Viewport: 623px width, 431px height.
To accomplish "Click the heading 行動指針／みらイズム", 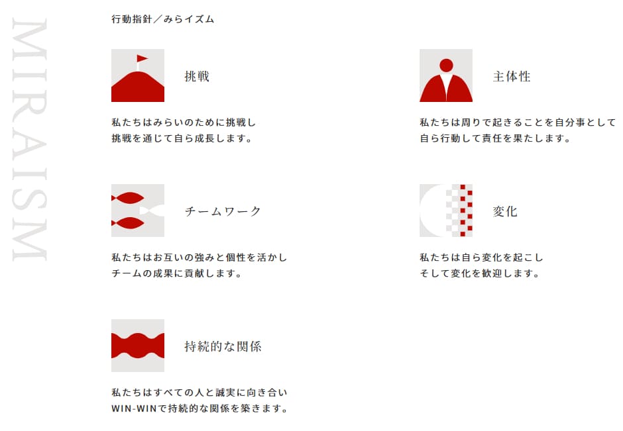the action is pos(163,19).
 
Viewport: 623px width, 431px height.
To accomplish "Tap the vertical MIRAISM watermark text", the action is pos(29,140).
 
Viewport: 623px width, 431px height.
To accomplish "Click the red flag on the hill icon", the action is pos(142,59).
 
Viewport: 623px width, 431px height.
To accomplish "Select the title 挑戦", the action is pos(197,76).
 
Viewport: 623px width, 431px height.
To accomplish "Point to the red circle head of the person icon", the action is pos(446,66).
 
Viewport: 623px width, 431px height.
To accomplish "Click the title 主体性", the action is pos(512,76).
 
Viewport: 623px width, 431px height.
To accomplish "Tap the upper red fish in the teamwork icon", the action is pos(128,198).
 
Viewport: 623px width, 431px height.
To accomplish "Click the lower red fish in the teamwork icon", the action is pos(128,223).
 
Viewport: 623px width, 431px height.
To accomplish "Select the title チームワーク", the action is pos(223,211).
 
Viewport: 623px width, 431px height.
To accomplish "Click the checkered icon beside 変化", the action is pos(446,211).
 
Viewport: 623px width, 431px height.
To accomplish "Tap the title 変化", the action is pos(506,211).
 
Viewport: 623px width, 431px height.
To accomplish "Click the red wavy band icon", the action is pos(138,346).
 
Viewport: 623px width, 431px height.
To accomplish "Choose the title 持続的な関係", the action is pos(223,346).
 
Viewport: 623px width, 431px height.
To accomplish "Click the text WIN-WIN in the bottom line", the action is pos(135,408).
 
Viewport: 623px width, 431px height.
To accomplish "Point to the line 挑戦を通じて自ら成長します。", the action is pos(182,138).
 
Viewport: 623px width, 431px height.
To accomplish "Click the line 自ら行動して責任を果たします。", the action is pos(495,138).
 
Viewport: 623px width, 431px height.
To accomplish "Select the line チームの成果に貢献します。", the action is pos(177,273).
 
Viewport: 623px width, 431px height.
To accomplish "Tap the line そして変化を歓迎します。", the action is pos(480,273).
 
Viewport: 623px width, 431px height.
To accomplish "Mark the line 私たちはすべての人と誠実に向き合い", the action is pos(199,393).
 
